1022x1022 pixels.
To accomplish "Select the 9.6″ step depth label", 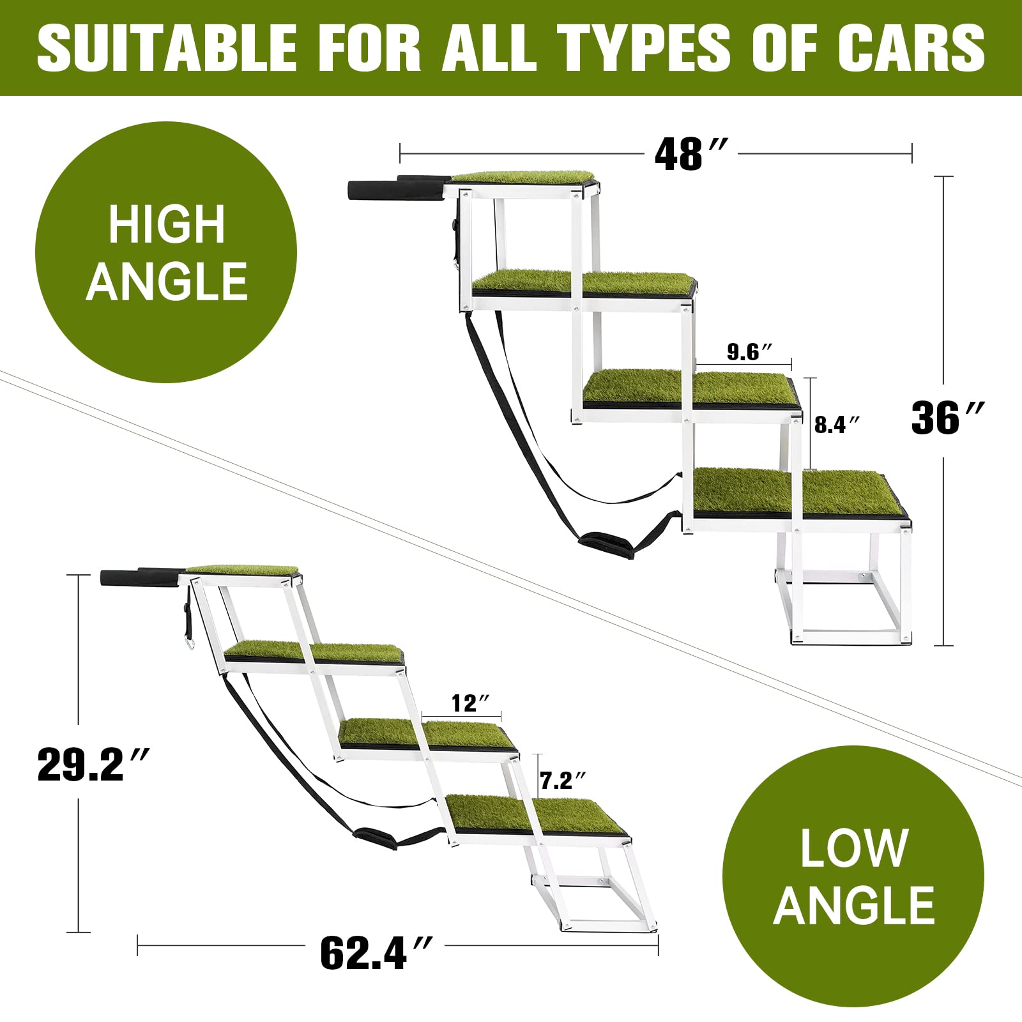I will (x=750, y=351).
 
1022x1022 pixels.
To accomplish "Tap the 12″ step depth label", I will (x=471, y=703).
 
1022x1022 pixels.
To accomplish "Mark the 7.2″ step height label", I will (x=563, y=780).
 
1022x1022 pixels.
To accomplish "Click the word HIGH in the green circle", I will (x=167, y=225).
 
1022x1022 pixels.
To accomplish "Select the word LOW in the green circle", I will (x=854, y=848).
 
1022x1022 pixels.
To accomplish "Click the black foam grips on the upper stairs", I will (x=396, y=188).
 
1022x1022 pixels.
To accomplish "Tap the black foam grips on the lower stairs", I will (x=141, y=576).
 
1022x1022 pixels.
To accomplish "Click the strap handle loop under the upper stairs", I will (x=606, y=545).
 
